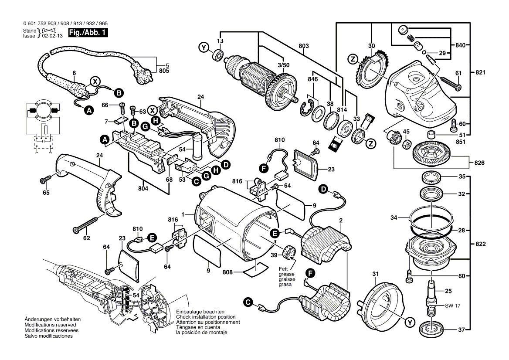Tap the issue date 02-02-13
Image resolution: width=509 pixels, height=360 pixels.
[52, 36]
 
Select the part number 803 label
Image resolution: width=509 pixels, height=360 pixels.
[304, 46]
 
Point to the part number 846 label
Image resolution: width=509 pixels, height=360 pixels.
[312, 80]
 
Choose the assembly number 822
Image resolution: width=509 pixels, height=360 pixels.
[479, 244]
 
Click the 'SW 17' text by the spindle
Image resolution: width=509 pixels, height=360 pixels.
[452, 306]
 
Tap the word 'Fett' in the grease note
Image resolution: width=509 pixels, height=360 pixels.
[283, 269]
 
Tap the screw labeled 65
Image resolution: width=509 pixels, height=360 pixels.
[46, 179]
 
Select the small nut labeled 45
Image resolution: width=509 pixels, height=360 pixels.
[406, 143]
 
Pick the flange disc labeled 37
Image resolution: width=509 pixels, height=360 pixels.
[431, 329]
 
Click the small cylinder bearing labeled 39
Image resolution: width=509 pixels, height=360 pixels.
[289, 251]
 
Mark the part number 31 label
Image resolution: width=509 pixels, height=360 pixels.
[373, 274]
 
